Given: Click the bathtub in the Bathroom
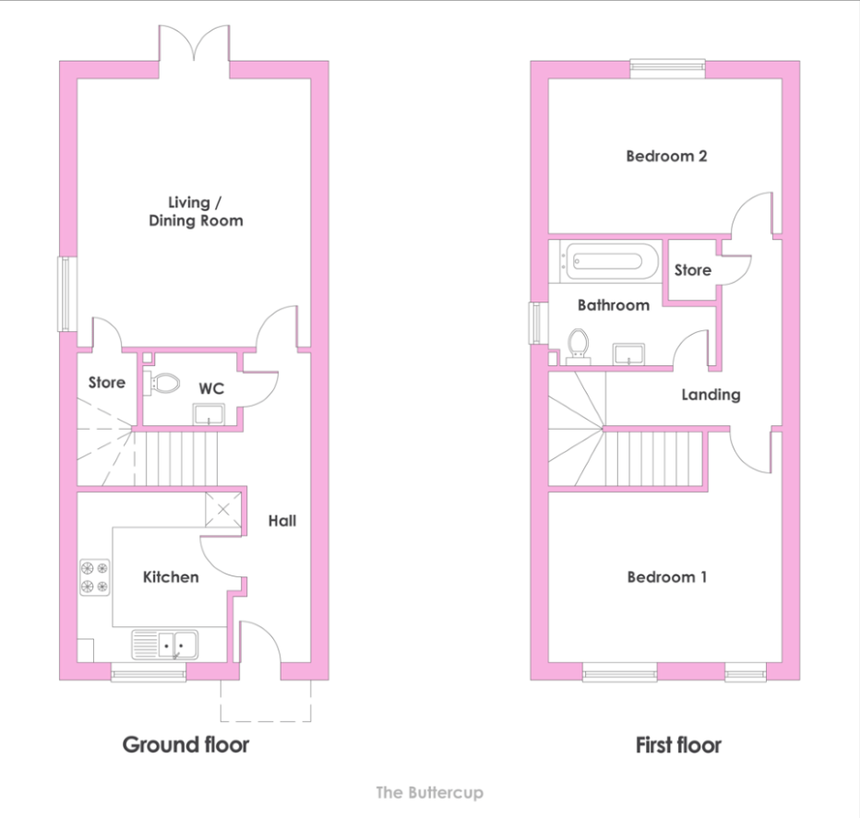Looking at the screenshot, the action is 605,261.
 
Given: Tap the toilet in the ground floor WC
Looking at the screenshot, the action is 161,384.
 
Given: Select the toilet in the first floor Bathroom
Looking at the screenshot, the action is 578,347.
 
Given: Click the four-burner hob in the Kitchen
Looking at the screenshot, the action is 94,577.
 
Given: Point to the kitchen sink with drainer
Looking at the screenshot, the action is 164,645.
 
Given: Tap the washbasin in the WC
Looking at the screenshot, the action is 209,414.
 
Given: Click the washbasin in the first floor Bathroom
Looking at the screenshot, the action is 628,354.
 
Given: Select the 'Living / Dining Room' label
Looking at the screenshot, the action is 196,211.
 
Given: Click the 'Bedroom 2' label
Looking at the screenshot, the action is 666,156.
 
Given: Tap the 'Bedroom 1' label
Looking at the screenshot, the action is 666,576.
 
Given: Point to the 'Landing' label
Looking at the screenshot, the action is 711,395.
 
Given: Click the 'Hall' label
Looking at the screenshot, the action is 282,521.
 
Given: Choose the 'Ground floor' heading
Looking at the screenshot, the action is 185,744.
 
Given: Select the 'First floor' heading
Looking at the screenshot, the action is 678,745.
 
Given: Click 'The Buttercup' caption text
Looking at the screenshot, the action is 429,793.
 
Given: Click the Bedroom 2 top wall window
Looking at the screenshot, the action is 667,68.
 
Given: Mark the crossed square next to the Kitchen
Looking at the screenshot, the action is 223,510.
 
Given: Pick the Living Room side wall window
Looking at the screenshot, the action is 67,294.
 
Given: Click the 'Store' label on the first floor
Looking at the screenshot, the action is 693,269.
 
